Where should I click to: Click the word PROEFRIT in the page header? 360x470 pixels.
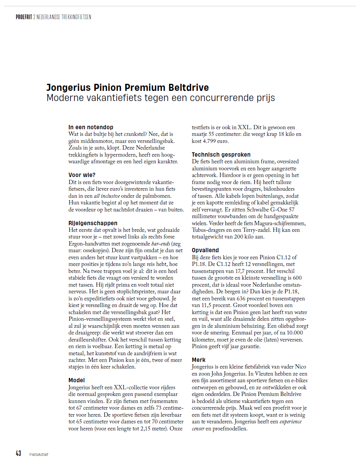click(24, 17)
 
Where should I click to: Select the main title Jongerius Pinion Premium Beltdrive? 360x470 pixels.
click(128, 87)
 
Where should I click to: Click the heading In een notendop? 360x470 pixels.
click(91, 127)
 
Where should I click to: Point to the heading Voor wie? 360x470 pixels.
click(82, 175)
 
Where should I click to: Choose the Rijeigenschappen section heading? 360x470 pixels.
click(93, 223)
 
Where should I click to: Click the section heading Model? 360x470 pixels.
click(77, 380)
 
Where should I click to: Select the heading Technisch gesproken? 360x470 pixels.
click(221, 155)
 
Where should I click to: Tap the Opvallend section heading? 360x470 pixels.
click(205, 250)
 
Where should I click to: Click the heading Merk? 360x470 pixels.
click(199, 360)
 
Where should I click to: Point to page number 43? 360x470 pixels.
click(18, 454)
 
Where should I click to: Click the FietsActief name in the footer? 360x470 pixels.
click(39, 454)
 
